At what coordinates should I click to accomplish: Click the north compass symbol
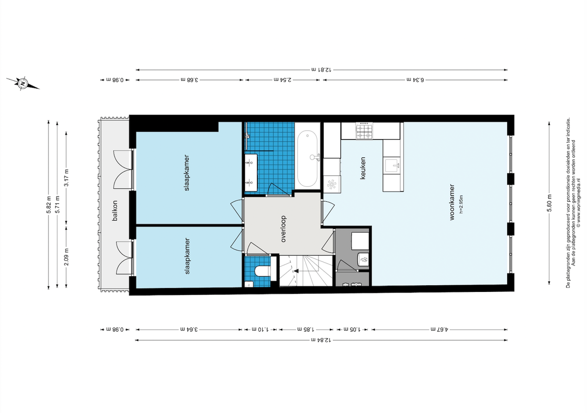(x=23, y=84)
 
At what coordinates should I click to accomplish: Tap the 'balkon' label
(x=114, y=211)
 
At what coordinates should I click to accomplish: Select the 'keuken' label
(x=362, y=168)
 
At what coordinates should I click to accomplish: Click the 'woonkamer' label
(x=452, y=202)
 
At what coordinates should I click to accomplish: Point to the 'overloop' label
(x=283, y=229)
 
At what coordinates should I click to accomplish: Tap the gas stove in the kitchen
(x=364, y=130)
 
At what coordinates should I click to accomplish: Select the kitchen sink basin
(x=392, y=165)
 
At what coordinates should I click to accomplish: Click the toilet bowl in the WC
(x=263, y=271)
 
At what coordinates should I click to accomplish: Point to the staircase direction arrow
(x=296, y=271)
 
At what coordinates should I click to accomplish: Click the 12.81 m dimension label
(x=321, y=70)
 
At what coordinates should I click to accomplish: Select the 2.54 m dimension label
(x=283, y=79)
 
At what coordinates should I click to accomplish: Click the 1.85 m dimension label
(x=306, y=329)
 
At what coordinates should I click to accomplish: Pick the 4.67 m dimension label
(x=439, y=329)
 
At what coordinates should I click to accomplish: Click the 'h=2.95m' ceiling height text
(x=461, y=204)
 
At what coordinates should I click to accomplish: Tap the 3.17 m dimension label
(x=67, y=178)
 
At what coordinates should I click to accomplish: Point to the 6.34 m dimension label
(x=415, y=79)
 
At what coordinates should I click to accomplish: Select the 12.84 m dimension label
(x=321, y=340)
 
